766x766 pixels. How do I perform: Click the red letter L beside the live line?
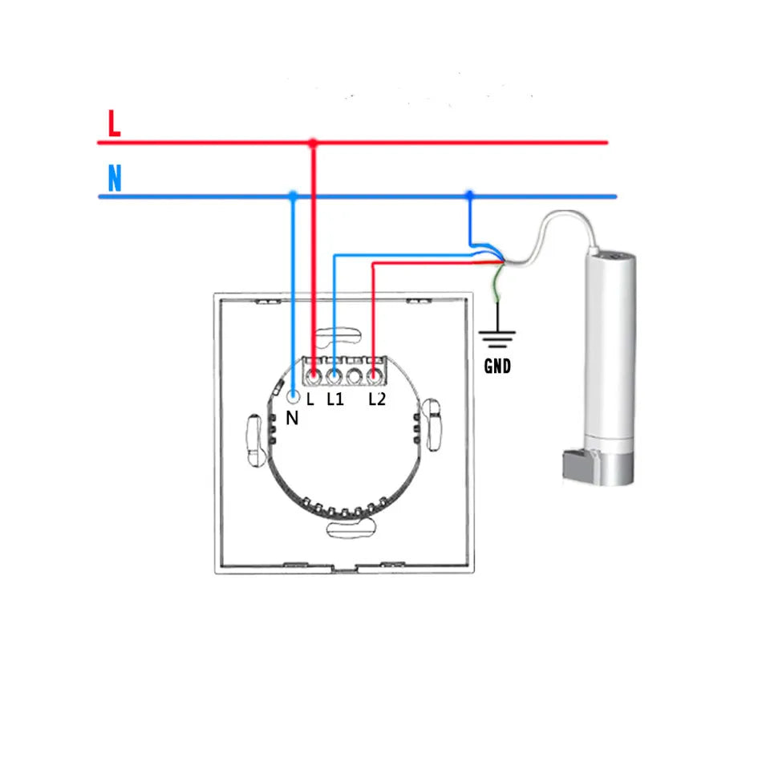click(x=114, y=124)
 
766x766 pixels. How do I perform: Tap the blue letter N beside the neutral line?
click(x=115, y=178)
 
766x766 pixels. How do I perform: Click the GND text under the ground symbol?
click(x=498, y=367)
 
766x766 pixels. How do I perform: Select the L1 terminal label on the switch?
click(x=335, y=398)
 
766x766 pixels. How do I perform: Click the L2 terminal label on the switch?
click(x=377, y=398)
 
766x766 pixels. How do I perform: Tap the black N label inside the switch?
click(x=292, y=418)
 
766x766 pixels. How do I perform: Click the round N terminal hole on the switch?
click(x=294, y=396)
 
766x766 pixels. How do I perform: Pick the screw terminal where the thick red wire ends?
click(x=314, y=375)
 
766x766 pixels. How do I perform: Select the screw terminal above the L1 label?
click(x=334, y=375)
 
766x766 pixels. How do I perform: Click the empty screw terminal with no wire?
click(x=354, y=375)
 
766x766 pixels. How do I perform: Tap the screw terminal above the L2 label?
click(x=374, y=375)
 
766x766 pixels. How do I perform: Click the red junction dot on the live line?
click(x=313, y=143)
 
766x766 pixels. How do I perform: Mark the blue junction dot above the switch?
click(x=294, y=196)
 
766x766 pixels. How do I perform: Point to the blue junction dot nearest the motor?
click(x=469, y=196)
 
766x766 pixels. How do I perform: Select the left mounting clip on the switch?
click(x=256, y=439)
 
